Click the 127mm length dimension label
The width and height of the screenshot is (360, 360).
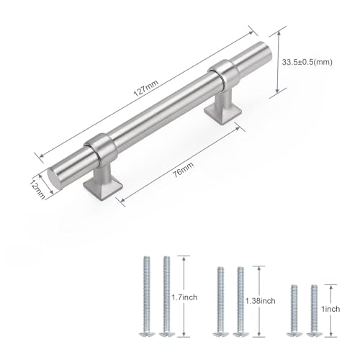[x=146, y=88]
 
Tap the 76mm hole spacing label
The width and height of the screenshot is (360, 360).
[x=184, y=170]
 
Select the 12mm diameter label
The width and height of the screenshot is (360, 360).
[x=37, y=189]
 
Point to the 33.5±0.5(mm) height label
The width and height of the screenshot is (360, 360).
[x=307, y=62]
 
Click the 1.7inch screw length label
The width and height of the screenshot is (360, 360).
[x=184, y=297]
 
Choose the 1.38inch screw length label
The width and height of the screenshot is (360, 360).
[x=261, y=301]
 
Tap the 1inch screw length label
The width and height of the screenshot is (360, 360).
[x=330, y=309]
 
